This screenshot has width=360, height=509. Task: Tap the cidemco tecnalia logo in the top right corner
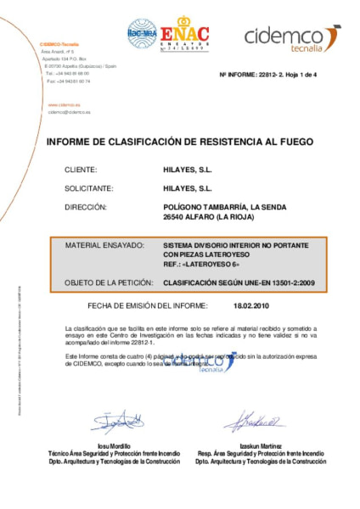pyautogui.click(x=292, y=36)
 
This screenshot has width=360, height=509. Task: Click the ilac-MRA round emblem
pyautogui.click(x=142, y=32)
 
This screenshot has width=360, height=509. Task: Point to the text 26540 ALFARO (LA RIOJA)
pyautogui.click(x=208, y=216)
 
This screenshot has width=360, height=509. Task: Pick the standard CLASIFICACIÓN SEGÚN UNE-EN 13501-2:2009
pyautogui.click(x=239, y=279)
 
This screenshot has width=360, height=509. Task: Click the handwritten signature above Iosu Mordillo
pyautogui.click(x=116, y=421)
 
